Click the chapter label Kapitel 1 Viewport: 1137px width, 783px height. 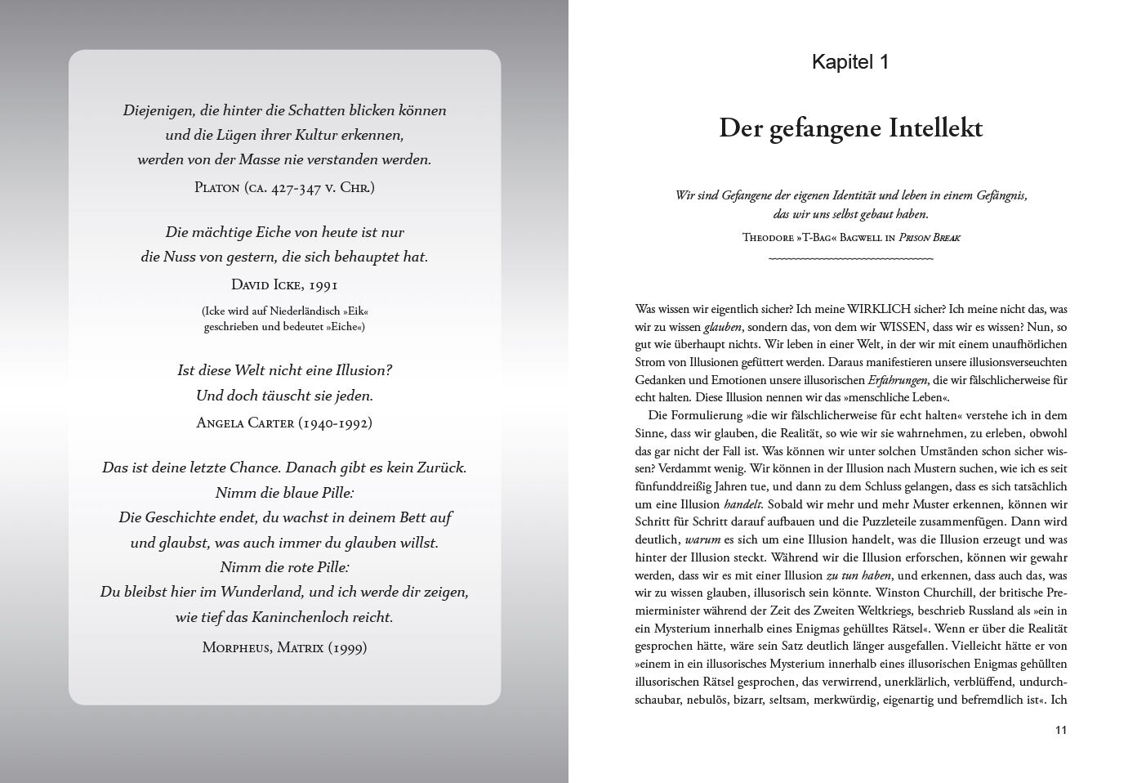(849, 62)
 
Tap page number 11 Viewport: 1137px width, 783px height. (1060, 730)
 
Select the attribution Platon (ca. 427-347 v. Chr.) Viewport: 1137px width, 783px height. (284, 187)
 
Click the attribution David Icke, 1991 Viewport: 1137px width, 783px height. (284, 284)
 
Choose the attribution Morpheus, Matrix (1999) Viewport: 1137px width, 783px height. (284, 647)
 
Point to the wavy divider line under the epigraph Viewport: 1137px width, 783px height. (850, 259)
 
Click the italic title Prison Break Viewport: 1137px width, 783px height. (930, 238)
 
